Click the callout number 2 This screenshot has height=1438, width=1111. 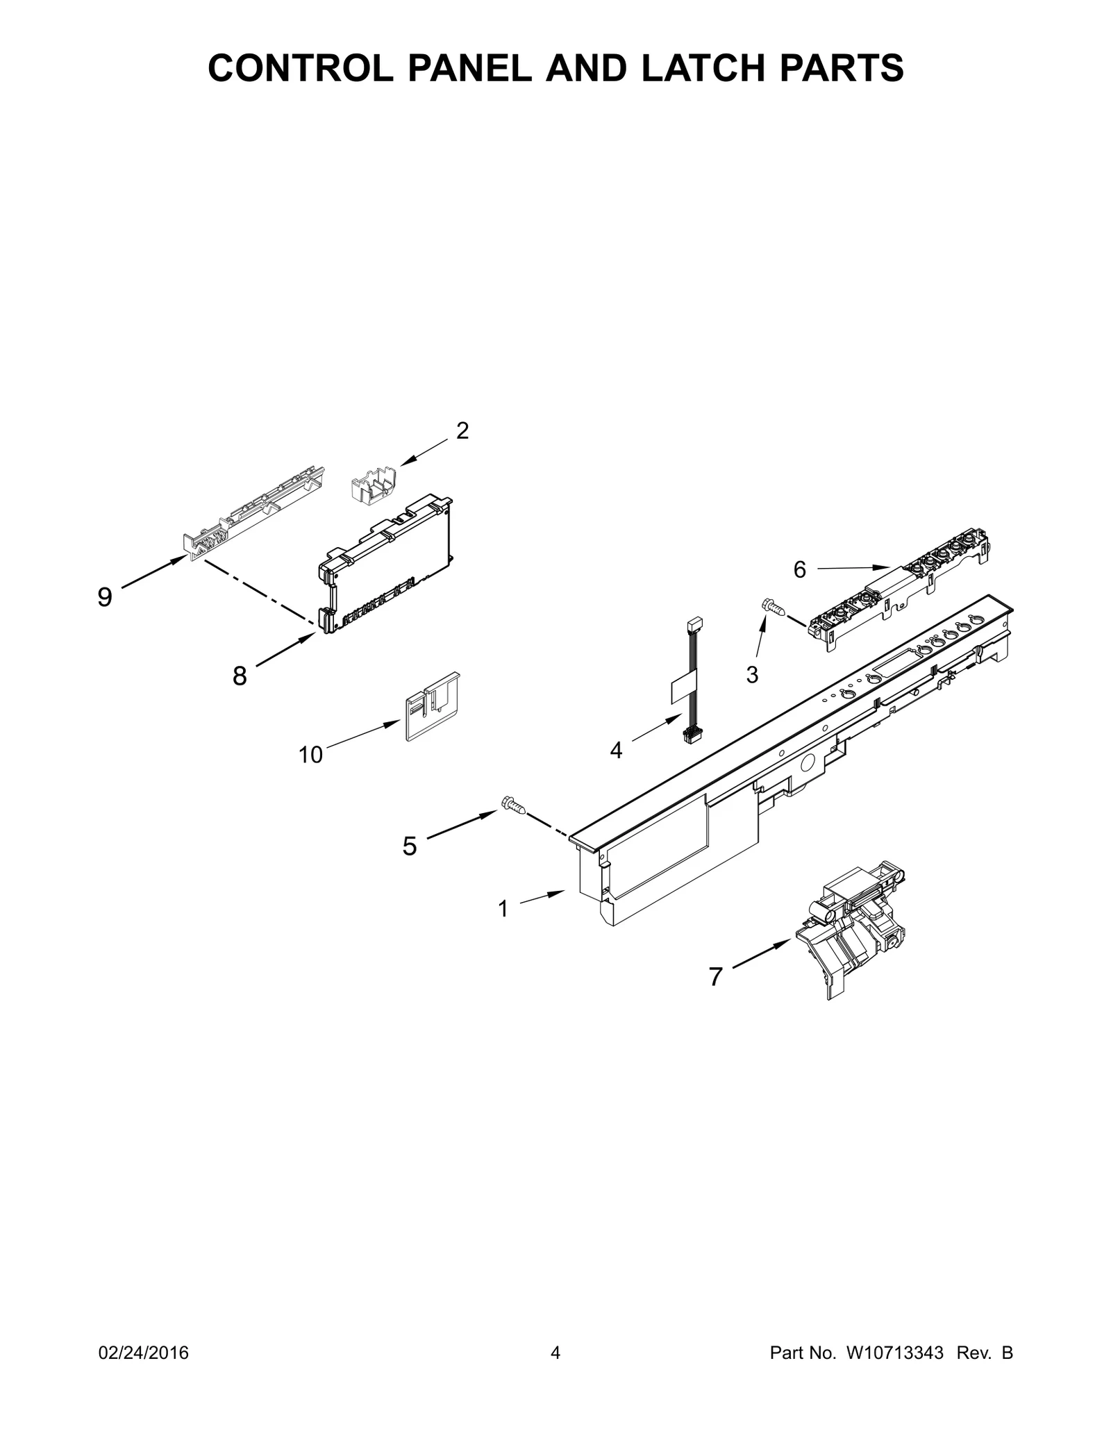(462, 431)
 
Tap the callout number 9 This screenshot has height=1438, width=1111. (105, 597)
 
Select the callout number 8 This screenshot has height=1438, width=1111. (240, 676)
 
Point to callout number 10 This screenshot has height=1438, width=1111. (311, 755)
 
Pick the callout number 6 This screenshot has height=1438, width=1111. (800, 570)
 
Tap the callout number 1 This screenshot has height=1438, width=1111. (503, 908)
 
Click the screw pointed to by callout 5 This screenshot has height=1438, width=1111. (512, 805)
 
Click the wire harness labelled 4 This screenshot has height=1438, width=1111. (692, 680)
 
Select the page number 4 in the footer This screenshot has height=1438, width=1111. (555, 1373)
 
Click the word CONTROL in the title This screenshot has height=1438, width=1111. (301, 68)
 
